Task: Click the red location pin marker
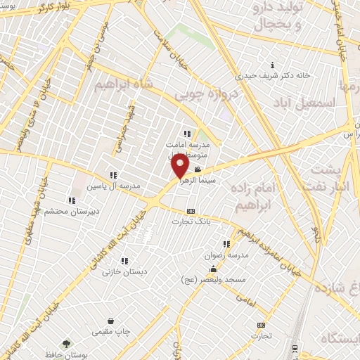pyautogui.click(x=180, y=166)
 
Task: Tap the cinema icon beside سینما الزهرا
pyautogui.click(x=198, y=169)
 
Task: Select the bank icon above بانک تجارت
pyautogui.click(x=190, y=211)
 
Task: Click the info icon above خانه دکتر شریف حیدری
pyautogui.click(x=272, y=65)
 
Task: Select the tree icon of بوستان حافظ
pyautogui.click(x=66, y=344)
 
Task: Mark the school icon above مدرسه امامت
pyautogui.click(x=187, y=134)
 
